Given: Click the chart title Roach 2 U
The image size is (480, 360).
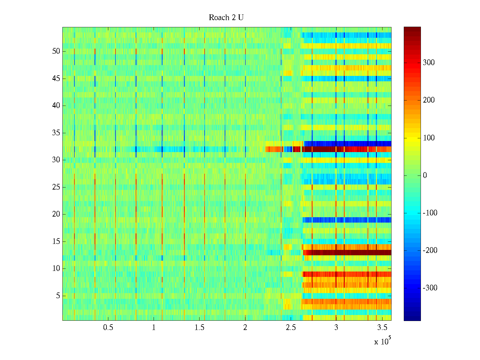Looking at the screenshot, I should pyautogui.click(x=226, y=18).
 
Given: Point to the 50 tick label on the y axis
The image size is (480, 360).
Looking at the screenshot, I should pyautogui.click(x=56, y=51).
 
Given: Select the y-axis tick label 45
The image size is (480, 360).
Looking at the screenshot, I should pyautogui.click(x=56, y=79).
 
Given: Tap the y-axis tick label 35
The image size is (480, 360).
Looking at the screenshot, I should pyautogui.click(x=56, y=133).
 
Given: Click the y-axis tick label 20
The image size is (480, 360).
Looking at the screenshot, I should pyautogui.click(x=56, y=214).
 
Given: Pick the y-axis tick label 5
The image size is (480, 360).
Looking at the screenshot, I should pyautogui.click(x=58, y=296).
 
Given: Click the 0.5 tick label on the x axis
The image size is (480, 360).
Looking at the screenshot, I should pyautogui.click(x=108, y=328).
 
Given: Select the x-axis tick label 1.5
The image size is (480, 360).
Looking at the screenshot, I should pyautogui.click(x=199, y=328).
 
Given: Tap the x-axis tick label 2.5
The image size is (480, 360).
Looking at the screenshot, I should pyautogui.click(x=291, y=328).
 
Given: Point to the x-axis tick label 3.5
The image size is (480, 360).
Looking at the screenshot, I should pyautogui.click(x=382, y=328).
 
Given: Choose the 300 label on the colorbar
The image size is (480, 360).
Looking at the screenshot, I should pyautogui.click(x=429, y=63).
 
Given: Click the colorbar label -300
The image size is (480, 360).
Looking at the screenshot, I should pyautogui.click(x=430, y=288).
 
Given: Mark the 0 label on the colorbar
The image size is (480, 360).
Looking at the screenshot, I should pyautogui.click(x=425, y=175).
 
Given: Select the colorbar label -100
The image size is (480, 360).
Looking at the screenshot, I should pyautogui.click(x=430, y=213).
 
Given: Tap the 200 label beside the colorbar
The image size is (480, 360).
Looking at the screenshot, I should pyautogui.click(x=429, y=100).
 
